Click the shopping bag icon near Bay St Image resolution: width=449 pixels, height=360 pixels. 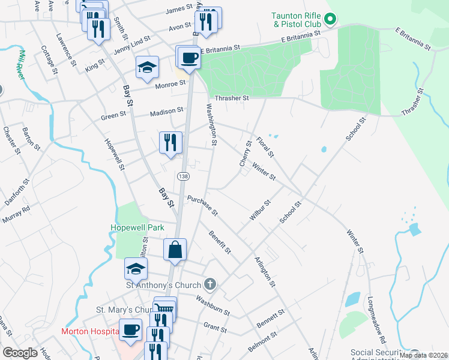175,250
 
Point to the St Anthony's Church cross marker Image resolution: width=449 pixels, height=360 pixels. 209,283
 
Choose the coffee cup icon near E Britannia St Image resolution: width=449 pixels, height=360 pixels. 188,58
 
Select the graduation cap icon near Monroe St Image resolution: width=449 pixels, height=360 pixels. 146,67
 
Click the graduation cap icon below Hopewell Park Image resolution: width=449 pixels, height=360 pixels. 136,269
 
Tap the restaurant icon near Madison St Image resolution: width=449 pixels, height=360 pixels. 170,142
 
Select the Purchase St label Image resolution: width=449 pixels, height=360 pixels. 202,205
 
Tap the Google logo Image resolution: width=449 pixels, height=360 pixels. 20,353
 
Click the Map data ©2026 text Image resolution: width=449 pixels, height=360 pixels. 423,355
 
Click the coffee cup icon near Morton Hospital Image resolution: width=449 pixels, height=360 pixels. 130,329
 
